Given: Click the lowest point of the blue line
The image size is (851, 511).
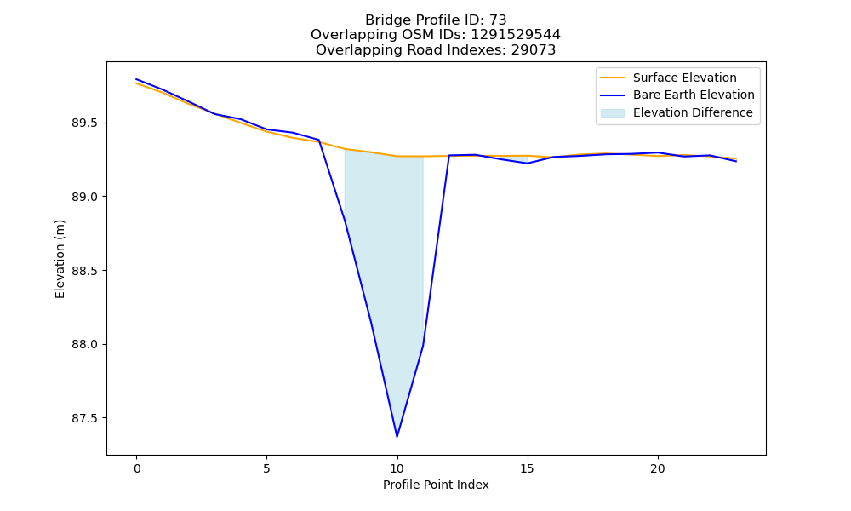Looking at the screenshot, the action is pos(397,437).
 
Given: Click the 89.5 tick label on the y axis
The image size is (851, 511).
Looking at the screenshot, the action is pos(85,123).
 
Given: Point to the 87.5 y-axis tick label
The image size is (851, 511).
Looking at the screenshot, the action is pos(85,419).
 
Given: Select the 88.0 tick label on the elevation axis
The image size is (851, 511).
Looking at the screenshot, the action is pos(85,345).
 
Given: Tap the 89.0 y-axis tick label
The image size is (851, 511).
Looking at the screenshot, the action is pos(85,197).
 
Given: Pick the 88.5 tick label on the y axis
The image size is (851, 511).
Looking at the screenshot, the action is pos(85,271).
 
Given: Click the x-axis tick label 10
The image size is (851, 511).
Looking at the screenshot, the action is pos(397,468).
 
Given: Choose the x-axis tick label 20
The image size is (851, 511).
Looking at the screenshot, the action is pos(658,468).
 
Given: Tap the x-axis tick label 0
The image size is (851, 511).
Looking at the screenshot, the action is pos(137,468).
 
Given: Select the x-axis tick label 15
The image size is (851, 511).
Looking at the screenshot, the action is pos(528,468).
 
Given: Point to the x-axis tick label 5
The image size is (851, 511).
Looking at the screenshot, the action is pos(266,468).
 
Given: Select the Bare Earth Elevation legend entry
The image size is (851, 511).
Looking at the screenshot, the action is pos(677,95).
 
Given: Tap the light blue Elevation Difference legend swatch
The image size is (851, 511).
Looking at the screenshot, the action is pos(612,113).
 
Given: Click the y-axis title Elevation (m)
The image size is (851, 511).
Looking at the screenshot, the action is pos(60,259).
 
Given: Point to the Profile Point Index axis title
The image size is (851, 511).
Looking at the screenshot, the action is pos(436,485).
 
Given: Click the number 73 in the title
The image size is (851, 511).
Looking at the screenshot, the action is pos(498,20).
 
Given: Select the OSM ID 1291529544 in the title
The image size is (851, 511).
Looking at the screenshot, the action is pos(516,35).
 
